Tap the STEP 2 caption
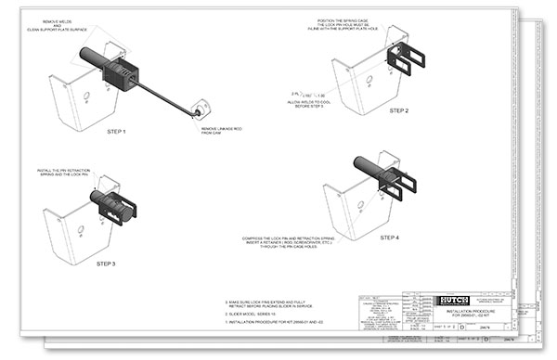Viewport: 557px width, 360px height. [x=399, y=110]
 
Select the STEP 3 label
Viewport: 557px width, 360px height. [x=108, y=264]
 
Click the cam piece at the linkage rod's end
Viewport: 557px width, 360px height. [x=199, y=111]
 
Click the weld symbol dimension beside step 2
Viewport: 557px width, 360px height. [x=303, y=94]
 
